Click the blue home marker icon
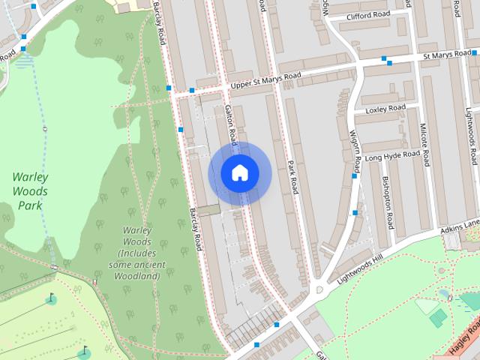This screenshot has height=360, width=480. (x=239, y=173)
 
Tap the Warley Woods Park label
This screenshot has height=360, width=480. (x=30, y=191)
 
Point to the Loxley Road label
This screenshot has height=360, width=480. (x=385, y=109)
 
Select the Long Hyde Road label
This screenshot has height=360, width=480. (x=393, y=156)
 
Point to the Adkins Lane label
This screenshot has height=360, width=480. (x=459, y=224)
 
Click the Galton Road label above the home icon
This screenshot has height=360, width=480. (x=232, y=124)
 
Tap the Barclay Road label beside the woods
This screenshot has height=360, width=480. (x=196, y=229)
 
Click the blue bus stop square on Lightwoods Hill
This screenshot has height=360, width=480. (x=276, y=325)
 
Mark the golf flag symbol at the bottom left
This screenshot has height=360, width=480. (x=84, y=351)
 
